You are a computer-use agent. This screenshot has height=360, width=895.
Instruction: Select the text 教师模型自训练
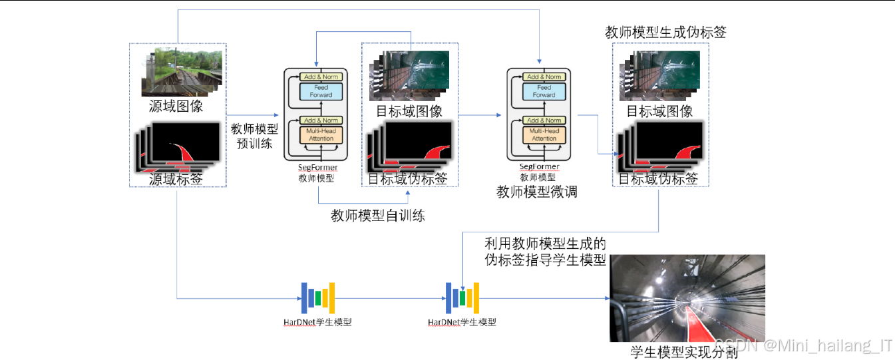(x=377, y=215)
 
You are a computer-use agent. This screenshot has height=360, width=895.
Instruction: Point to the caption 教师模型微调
(x=536, y=192)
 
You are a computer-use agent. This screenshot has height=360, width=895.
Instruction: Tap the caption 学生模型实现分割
(x=684, y=352)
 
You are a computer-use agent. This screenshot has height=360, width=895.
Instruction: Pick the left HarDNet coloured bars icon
(x=318, y=297)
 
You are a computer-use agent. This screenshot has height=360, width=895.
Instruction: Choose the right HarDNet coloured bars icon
(x=462, y=297)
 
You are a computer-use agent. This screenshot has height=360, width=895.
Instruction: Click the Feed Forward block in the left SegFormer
(x=321, y=91)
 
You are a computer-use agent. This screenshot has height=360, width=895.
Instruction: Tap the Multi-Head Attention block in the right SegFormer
(x=544, y=135)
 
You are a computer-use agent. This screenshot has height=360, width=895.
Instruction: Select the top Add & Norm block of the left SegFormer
(x=321, y=77)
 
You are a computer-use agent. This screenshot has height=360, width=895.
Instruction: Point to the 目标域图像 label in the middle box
(x=409, y=110)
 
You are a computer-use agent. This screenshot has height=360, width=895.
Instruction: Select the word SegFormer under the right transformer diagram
(x=539, y=167)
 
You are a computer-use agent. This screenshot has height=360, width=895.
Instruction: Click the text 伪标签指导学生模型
(x=546, y=260)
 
